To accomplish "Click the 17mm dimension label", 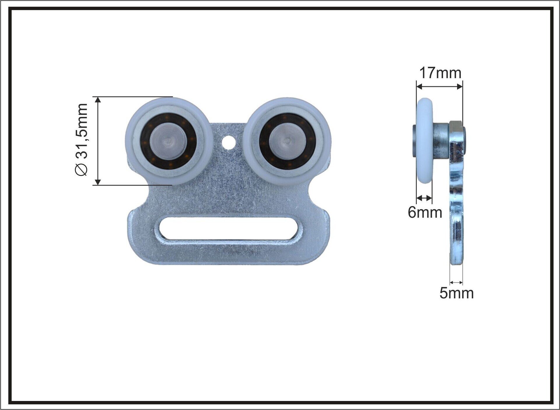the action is pyautogui.click(x=440, y=73).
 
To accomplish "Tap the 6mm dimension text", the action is pyautogui.click(x=425, y=212).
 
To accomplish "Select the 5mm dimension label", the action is pyautogui.click(x=456, y=293).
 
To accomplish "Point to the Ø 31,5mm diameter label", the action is pyautogui.click(x=81, y=139).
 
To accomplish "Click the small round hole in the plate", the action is pyautogui.click(x=229, y=142).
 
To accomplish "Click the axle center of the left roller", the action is pyautogui.click(x=168, y=141).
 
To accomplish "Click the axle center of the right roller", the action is pyautogui.click(x=287, y=141).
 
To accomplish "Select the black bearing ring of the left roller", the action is pyautogui.click(x=168, y=117).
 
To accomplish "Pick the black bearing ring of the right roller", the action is pyautogui.click(x=288, y=117).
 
